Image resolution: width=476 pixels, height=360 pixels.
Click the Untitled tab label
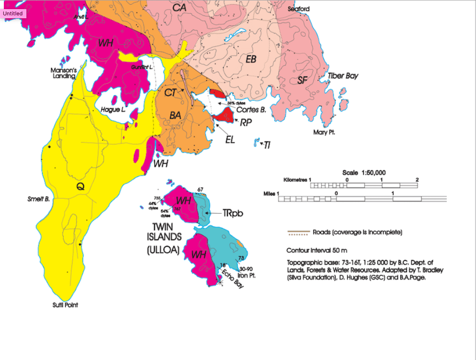13,13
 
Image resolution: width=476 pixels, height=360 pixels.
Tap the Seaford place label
298,9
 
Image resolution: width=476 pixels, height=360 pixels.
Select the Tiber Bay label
343,76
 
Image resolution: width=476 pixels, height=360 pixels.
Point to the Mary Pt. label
324,132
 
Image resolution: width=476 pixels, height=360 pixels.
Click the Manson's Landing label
63,73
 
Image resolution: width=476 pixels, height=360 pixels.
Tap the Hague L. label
113,110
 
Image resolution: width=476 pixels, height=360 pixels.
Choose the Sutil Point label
65,305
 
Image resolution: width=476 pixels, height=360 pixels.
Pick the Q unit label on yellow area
81,187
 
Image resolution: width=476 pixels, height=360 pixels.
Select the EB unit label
251,59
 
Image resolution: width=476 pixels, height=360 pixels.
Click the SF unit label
302,80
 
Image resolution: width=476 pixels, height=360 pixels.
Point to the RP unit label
246,122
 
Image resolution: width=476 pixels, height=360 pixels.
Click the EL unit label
230,140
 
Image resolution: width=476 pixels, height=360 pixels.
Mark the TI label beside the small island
267,144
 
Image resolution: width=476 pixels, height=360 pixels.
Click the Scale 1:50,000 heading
364,173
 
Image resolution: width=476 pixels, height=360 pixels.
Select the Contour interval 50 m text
317,251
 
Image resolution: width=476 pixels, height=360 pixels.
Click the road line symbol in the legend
298,233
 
